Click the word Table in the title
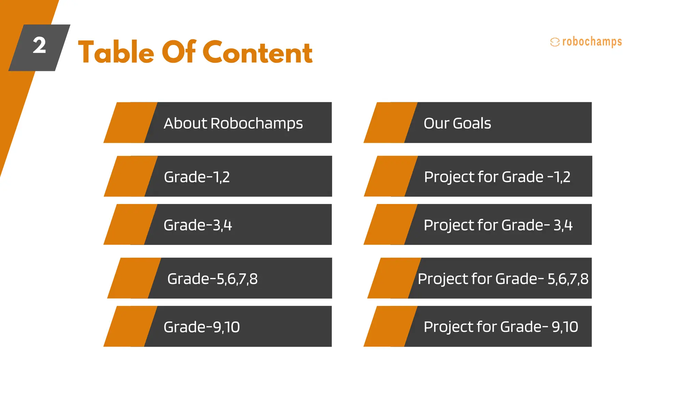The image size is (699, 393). pos(116,53)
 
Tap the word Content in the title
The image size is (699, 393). pos(257,53)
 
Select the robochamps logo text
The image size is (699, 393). pos(592,42)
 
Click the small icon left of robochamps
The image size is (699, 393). pos(555,42)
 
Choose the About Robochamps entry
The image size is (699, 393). pos(233,123)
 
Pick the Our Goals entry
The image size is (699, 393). pos(457,123)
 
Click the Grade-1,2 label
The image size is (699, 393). pos(197,177)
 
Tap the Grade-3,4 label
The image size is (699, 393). pos(198,225)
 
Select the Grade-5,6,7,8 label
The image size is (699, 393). pos(212,279)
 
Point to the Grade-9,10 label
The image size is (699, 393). pos(201,327)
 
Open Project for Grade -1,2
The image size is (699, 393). pos(497,177)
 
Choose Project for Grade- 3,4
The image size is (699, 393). pos(498,225)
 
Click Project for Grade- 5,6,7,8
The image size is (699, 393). pos(503,279)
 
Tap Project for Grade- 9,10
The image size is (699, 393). pos(501,327)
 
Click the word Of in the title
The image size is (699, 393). pos(179,53)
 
